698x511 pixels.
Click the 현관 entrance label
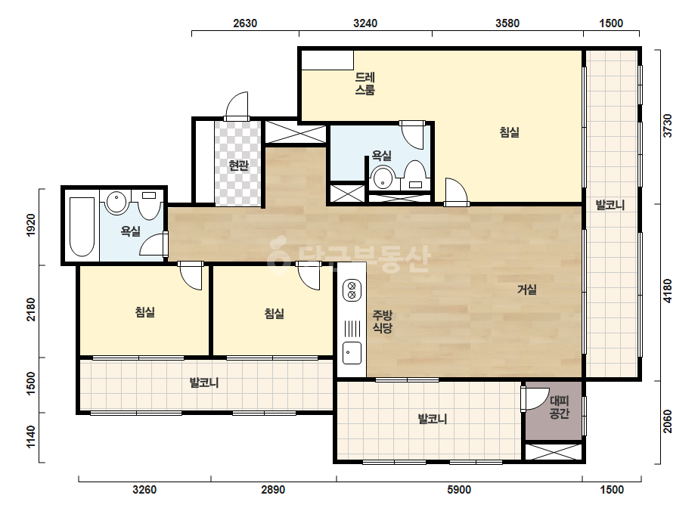238,166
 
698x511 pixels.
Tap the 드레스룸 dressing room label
365,83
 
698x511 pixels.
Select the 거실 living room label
526,290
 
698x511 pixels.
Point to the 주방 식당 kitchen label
383,322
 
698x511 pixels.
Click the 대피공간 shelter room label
560,407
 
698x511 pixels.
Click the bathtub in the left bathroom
82,227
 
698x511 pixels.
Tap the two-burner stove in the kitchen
352,290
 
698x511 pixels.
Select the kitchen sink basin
352,353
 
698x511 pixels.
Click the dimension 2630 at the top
245,23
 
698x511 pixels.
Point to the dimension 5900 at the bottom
459,490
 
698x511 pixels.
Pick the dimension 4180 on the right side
667,291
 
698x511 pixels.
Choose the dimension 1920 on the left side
31,225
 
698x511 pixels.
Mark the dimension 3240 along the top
365,23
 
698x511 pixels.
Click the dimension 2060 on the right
667,421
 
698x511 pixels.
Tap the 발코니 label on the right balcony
610,205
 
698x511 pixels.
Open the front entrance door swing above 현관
237,105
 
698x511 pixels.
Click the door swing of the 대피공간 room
535,399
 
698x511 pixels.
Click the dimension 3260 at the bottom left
144,490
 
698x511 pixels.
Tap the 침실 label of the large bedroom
509,132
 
